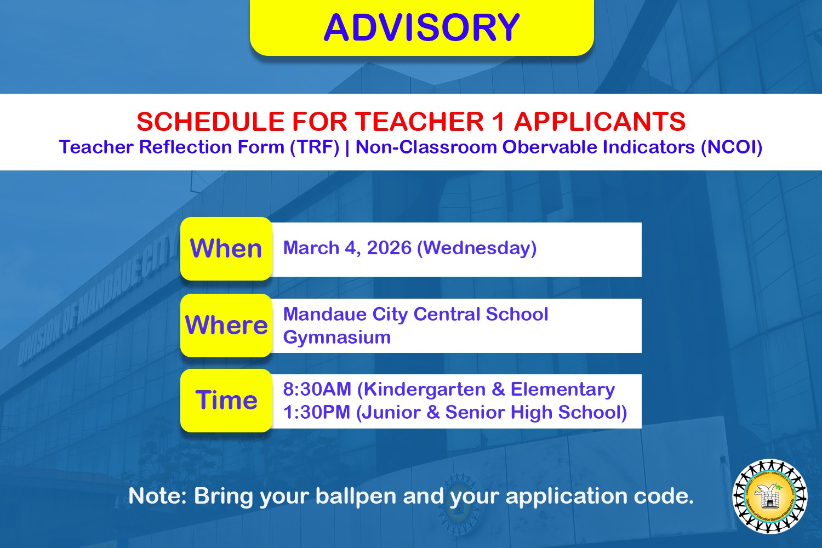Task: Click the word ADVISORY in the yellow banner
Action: [421, 27]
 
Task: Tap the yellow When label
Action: [226, 248]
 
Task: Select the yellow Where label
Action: [226, 325]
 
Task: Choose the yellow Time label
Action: [226, 401]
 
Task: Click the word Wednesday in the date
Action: [477, 248]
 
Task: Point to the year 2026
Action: [389, 248]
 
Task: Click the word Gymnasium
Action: [337, 338]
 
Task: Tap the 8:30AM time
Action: [317, 390]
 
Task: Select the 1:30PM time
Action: [317, 412]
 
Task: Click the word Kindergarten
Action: [424, 390]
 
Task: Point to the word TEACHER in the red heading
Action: [419, 122]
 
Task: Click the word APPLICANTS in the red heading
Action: [600, 122]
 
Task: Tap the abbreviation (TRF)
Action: [315, 147]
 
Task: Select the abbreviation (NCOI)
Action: [732, 147]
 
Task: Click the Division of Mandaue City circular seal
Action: [770, 496]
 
